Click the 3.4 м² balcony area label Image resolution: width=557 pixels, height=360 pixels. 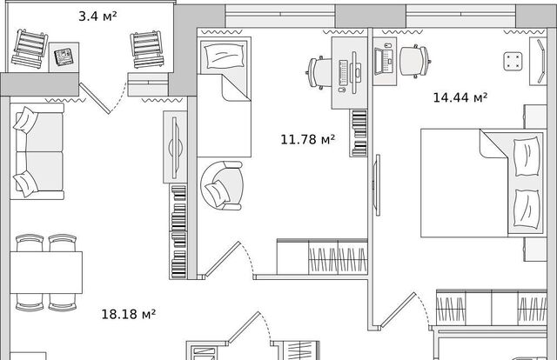[97, 16]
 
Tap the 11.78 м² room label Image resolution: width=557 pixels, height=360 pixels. [307, 139]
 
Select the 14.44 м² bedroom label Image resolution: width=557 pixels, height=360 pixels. [460, 97]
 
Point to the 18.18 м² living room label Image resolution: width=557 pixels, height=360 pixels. [129, 314]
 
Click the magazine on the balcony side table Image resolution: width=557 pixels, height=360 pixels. [64, 57]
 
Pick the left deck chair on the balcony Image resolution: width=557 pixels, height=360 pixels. [30, 49]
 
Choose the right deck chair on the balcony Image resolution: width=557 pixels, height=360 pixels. [147, 49]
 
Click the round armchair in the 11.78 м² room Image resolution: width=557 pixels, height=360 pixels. [222, 185]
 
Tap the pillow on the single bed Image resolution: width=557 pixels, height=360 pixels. [224, 56]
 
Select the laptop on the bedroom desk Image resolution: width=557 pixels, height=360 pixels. [384, 62]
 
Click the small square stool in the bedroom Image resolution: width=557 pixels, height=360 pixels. [513, 61]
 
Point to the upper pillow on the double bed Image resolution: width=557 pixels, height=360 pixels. [527, 157]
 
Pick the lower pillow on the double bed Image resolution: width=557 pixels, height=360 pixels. [527, 209]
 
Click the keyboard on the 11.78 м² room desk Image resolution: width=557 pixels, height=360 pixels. [343, 73]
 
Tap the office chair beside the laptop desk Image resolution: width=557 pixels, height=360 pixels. [415, 61]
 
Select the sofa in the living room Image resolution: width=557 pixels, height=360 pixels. [37, 151]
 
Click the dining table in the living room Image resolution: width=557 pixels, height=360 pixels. [46, 272]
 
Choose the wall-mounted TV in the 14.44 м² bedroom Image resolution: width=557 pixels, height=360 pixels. [378, 185]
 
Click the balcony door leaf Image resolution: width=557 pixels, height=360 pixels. [95, 98]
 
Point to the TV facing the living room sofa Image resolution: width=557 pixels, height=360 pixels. [175, 147]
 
